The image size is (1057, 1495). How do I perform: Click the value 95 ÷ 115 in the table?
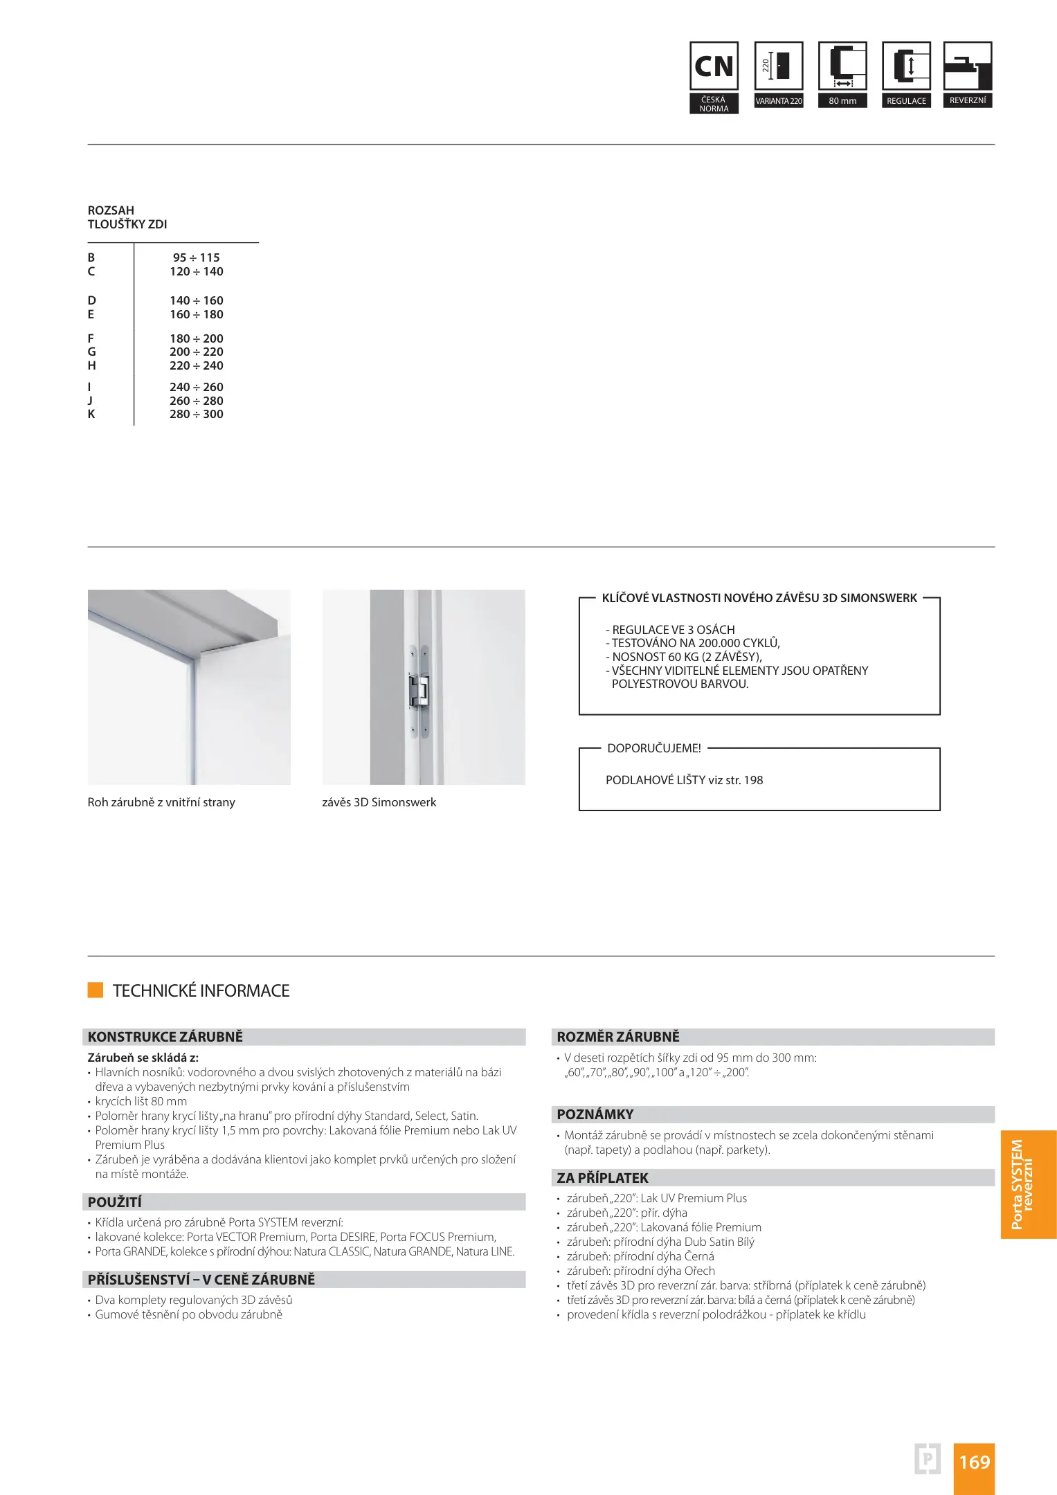(197, 257)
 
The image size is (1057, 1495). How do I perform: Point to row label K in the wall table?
(91, 415)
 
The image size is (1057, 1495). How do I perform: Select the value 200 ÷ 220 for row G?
(197, 352)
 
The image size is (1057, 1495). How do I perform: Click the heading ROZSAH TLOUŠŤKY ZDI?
(127, 217)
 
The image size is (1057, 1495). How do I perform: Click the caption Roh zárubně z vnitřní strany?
(161, 802)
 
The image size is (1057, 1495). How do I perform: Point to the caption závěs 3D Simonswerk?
(379, 802)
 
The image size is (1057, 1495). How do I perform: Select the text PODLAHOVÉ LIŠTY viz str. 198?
(684, 780)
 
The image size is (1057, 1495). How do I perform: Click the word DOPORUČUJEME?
(654, 748)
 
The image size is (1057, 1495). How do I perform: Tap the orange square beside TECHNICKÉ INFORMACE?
(96, 990)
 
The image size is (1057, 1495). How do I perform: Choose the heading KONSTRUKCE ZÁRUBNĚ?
(165, 1037)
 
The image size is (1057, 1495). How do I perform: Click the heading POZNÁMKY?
(595, 1114)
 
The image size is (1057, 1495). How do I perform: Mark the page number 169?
(974, 1462)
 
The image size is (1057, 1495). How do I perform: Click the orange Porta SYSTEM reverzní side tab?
(1028, 1184)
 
